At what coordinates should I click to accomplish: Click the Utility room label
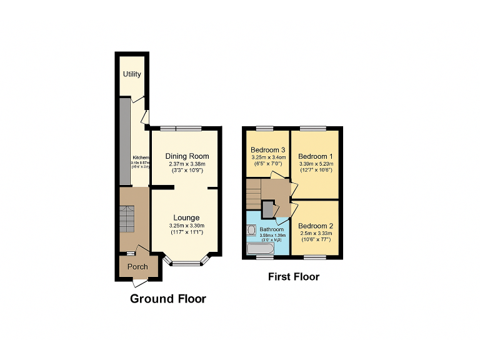132,74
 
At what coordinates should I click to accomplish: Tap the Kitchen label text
141,158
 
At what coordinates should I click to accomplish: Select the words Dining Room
187,156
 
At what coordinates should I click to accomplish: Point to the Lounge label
186,217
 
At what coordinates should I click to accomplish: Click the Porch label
137,267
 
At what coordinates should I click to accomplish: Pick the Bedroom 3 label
268,150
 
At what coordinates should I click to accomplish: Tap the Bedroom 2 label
316,226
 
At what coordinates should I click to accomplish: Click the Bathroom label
272,229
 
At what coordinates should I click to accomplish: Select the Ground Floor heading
167,299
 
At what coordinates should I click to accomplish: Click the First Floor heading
294,276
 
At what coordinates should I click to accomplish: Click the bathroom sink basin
251,230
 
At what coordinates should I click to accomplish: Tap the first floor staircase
253,193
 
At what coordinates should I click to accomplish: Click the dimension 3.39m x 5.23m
316,164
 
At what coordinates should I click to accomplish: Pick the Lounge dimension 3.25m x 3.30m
186,226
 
